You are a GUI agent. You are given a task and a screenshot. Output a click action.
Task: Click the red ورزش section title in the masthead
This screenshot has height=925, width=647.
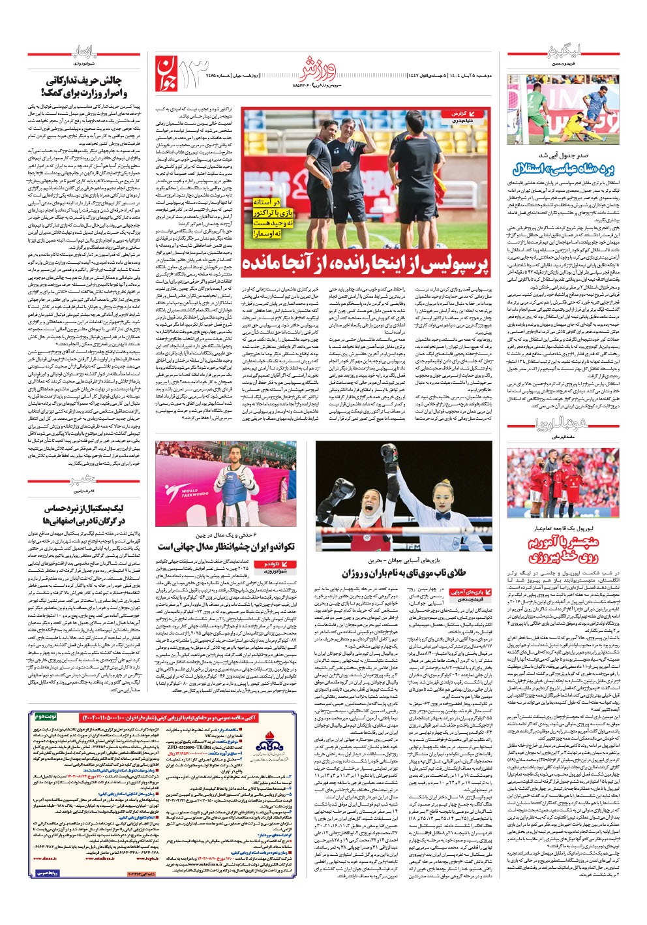point(318,66)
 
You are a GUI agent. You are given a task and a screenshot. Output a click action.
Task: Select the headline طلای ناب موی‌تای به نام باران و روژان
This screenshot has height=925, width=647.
point(405,573)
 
